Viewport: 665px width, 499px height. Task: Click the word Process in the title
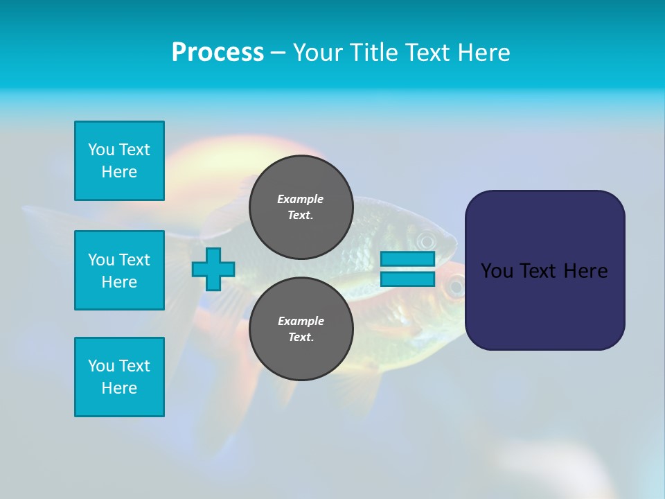[218, 52]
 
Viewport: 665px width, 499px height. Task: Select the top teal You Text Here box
[119, 161]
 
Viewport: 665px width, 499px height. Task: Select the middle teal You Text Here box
[119, 270]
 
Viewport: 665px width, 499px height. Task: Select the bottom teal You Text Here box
[119, 377]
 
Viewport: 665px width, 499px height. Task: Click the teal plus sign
[213, 269]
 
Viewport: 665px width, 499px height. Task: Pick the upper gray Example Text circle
[301, 207]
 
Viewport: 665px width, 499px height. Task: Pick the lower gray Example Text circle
[301, 329]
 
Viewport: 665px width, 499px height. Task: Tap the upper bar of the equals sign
[407, 259]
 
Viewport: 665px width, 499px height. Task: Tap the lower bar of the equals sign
[407, 279]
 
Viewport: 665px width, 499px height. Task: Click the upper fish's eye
[425, 241]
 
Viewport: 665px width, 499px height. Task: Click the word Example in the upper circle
[301, 199]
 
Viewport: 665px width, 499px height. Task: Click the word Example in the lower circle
[301, 321]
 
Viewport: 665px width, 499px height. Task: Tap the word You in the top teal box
[101, 150]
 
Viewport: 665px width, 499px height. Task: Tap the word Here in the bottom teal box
[119, 388]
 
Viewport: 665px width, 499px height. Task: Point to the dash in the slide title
[278, 53]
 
